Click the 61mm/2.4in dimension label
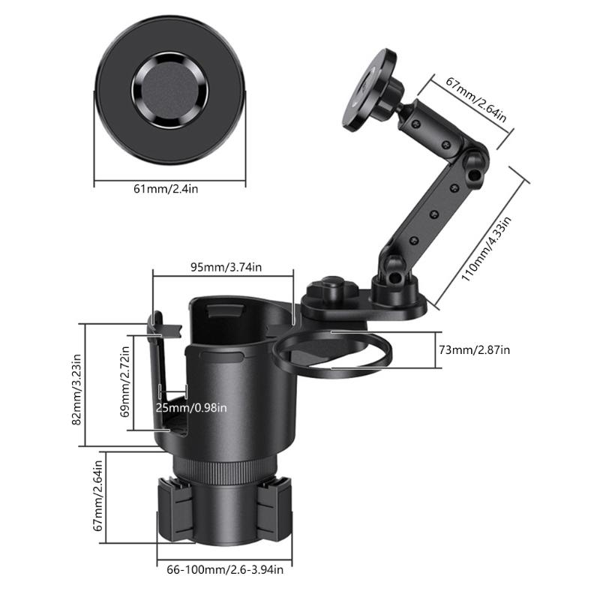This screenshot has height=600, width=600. click(x=166, y=189)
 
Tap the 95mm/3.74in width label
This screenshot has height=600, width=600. click(x=225, y=267)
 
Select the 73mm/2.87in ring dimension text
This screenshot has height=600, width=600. click(x=474, y=350)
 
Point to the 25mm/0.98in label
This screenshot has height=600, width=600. click(x=190, y=407)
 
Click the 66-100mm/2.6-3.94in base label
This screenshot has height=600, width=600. click(x=225, y=570)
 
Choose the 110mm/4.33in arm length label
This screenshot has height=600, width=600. click(x=486, y=247)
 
